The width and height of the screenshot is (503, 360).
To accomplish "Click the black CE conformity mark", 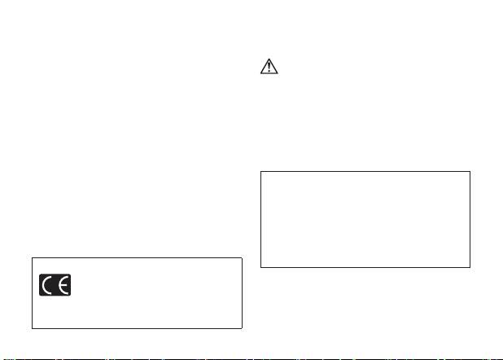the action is (x=55, y=284).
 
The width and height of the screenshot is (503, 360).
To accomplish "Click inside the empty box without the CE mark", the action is (x=365, y=219).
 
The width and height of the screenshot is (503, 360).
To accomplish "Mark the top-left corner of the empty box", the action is (x=260, y=171).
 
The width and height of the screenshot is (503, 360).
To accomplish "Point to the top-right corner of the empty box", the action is (x=470, y=171).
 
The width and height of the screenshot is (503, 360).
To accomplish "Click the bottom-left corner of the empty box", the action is (x=260, y=268).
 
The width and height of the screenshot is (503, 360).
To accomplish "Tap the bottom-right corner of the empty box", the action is (x=470, y=268).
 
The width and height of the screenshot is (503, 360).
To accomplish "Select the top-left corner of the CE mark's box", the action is (x=32, y=258).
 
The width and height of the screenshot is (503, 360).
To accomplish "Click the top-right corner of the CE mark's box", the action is (x=243, y=258).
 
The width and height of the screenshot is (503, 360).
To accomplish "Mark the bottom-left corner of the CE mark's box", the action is (x=32, y=328).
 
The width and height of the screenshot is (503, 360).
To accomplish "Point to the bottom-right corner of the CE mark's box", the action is (x=243, y=328).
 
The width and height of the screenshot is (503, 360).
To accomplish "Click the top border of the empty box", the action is (x=365, y=171).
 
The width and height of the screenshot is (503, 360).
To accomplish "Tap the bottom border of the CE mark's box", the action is (x=137, y=328).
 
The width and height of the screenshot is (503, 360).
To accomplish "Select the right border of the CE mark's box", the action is (x=243, y=293).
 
